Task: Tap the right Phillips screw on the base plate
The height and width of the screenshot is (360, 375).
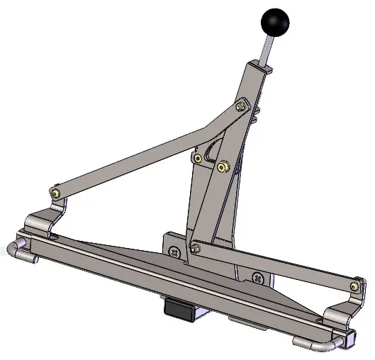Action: (x=258, y=278)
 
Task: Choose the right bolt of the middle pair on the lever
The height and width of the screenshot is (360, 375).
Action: (x=223, y=167)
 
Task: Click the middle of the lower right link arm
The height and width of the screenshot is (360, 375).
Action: (x=276, y=265)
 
